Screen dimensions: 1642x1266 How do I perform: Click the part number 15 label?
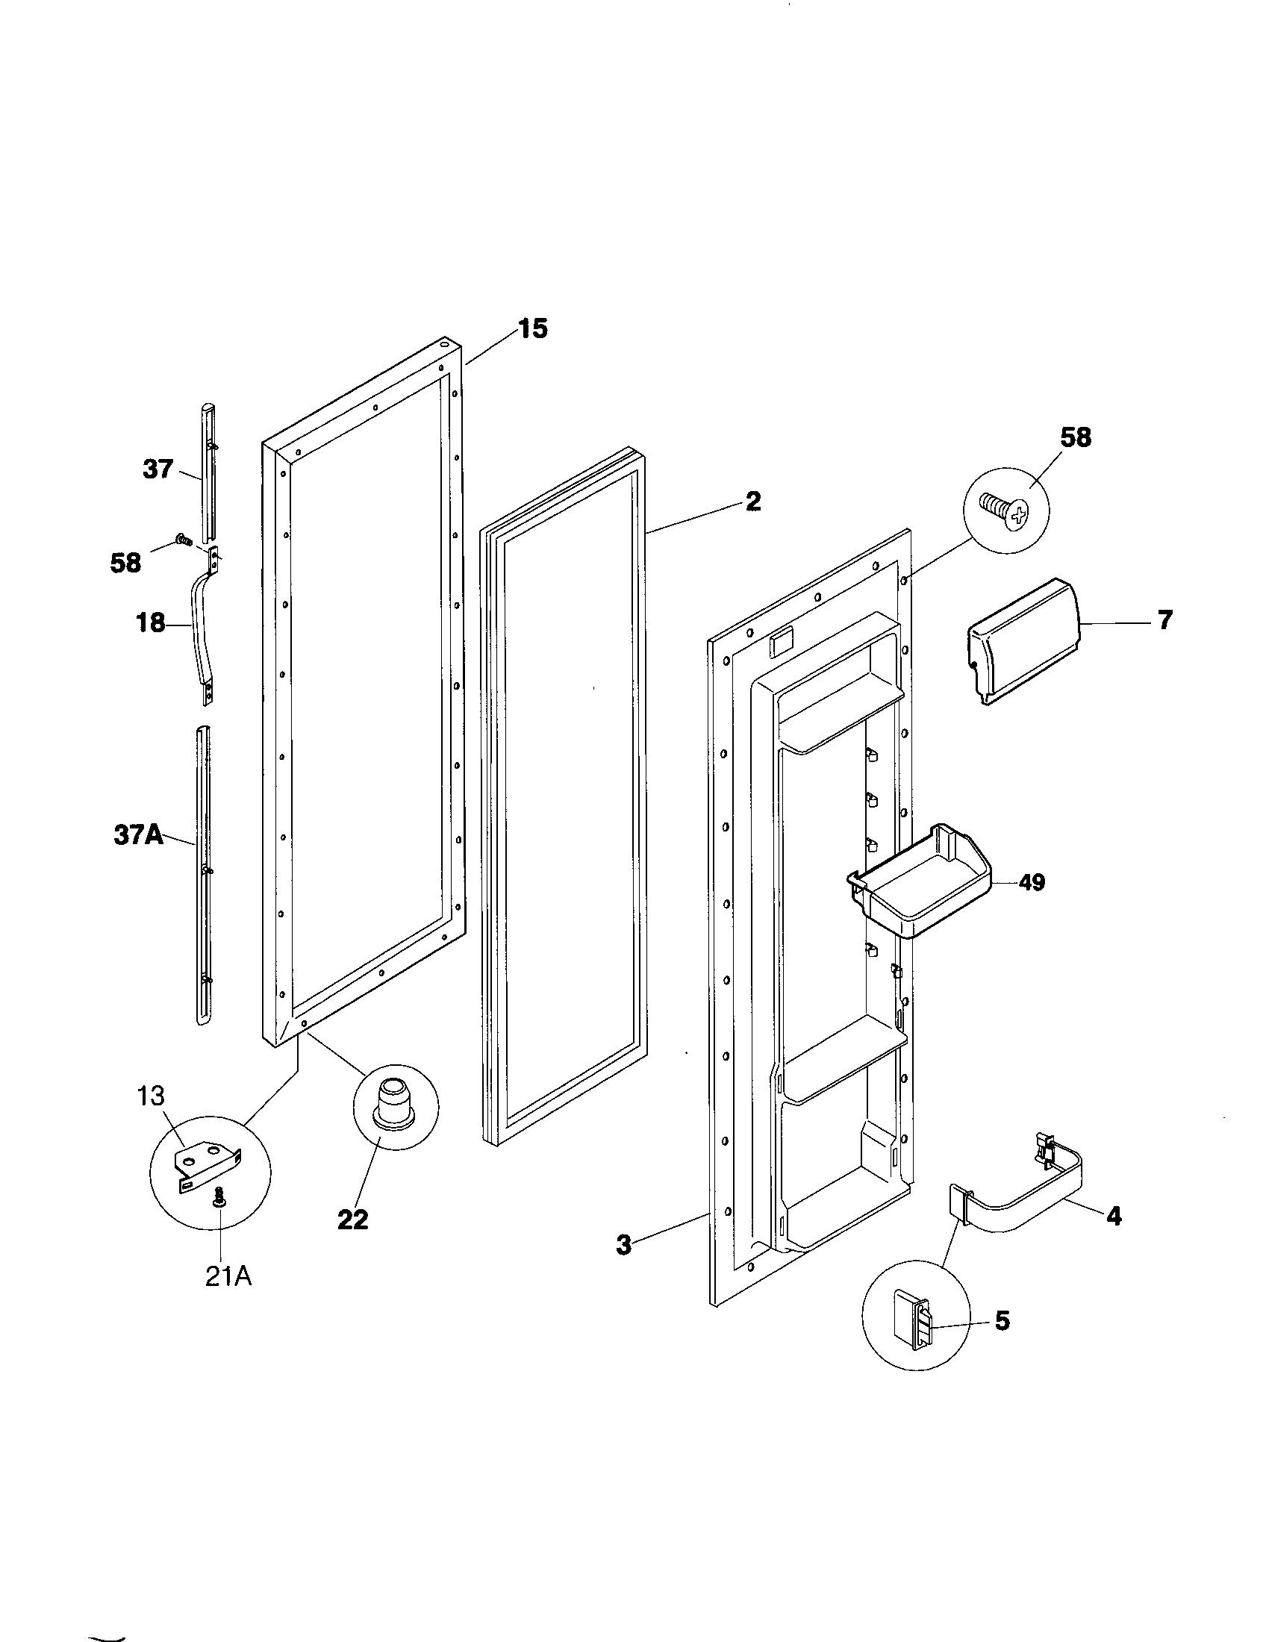pos(532,329)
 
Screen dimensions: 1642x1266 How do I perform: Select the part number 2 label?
pos(752,502)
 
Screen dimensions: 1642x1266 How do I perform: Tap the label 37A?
pos(138,835)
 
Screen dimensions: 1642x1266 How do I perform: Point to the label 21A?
pos(228,1276)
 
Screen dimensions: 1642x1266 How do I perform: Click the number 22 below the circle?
pos(352,1220)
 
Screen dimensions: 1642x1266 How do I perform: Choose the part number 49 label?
pos(1032,882)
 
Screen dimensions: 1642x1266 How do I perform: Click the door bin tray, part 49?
pos(921,884)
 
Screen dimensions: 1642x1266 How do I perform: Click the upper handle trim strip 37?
pos(208,470)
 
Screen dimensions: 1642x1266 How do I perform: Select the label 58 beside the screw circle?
pos(1075,437)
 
